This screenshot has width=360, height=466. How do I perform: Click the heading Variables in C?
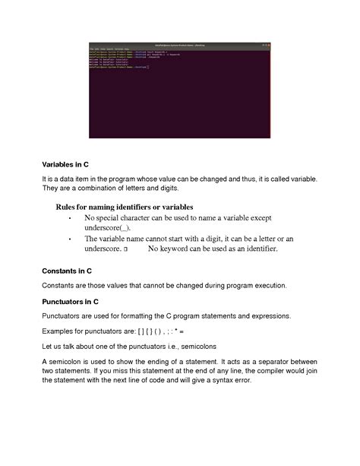click(66, 163)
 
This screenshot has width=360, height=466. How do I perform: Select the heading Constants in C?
click(67, 271)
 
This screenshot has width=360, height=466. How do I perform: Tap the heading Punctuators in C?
click(71, 301)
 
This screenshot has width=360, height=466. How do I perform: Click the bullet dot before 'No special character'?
click(70, 217)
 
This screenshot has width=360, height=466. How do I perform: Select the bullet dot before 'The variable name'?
click(70, 238)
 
